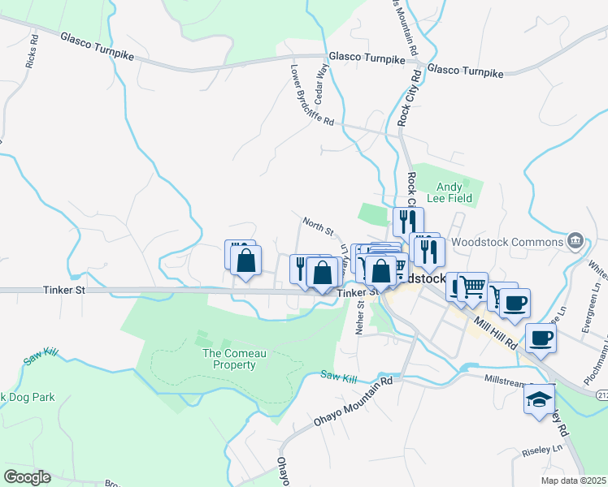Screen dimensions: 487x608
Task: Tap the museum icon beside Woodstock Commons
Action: tap(575, 240)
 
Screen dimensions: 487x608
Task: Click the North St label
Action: tap(319, 226)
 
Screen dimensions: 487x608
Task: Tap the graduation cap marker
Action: tap(539, 399)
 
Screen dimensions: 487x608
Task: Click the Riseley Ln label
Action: tap(545, 448)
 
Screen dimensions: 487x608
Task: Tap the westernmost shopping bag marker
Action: tap(245, 261)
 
